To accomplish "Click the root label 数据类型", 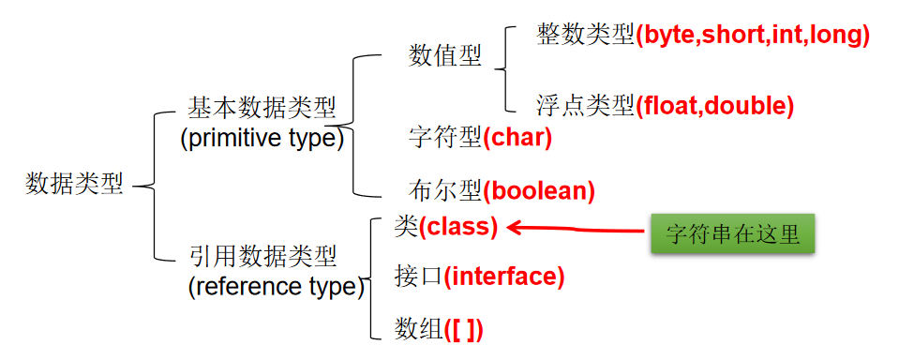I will [74, 184].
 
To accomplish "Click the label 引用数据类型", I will [262, 255].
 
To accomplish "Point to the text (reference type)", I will [276, 286].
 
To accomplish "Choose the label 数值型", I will [445, 56].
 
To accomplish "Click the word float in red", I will [669, 106].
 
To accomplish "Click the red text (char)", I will [517, 138].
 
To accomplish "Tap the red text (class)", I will [457, 226].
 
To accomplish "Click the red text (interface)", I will [504, 277].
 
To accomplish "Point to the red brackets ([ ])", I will [463, 329].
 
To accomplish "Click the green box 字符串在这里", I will [732, 233].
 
